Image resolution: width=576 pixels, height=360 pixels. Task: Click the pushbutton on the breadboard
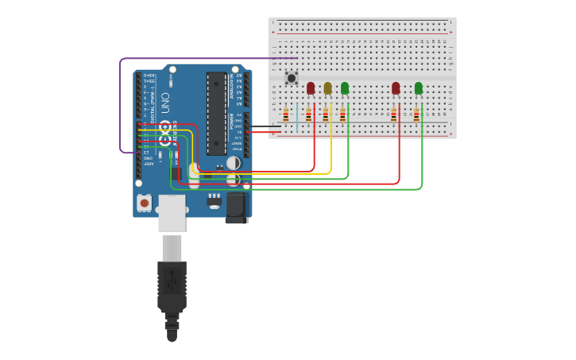[x=292, y=78]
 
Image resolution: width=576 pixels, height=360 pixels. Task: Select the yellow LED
[x=327, y=88]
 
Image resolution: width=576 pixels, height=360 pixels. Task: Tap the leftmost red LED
[x=311, y=87]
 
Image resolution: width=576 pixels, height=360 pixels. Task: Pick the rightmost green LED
[x=419, y=88]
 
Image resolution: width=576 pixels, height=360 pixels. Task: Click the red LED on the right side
[x=396, y=88]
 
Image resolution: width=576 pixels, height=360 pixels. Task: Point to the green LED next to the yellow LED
[x=345, y=88]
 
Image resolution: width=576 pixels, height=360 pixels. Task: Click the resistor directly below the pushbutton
[x=286, y=115]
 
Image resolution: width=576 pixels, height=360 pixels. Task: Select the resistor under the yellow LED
[x=326, y=115]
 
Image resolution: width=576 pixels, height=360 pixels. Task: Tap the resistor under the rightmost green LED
[x=416, y=115]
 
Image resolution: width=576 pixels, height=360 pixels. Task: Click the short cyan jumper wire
[x=297, y=116]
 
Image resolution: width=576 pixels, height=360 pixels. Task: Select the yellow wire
[x=331, y=151]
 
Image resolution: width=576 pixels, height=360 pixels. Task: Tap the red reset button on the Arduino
[x=144, y=203]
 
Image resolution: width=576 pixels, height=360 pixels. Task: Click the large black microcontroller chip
[x=216, y=113]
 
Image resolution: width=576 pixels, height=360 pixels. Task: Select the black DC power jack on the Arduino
[x=236, y=207]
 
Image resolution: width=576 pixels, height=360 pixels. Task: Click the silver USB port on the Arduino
[x=172, y=214]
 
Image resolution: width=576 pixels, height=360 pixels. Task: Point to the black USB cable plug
[x=172, y=286]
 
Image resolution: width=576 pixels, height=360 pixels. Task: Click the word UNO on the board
[x=165, y=103]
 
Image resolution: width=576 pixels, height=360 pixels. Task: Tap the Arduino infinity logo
[x=165, y=133]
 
